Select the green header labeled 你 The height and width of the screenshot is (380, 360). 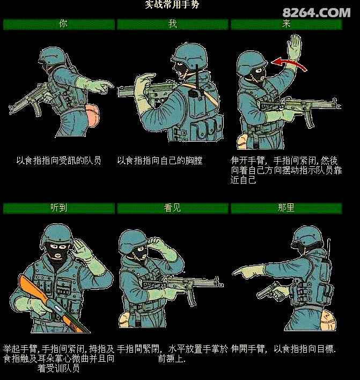coord(59,24)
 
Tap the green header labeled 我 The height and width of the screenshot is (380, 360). coord(172,24)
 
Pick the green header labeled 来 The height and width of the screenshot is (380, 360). coord(286,24)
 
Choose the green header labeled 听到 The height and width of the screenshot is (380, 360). coord(59,208)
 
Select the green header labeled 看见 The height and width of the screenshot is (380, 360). coord(172,208)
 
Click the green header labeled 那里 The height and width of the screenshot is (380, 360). coord(286,208)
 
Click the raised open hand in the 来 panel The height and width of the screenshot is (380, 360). coord(295,48)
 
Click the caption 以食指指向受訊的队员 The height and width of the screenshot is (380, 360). coord(58,160)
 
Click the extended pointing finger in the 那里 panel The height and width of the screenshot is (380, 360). coord(239,274)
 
